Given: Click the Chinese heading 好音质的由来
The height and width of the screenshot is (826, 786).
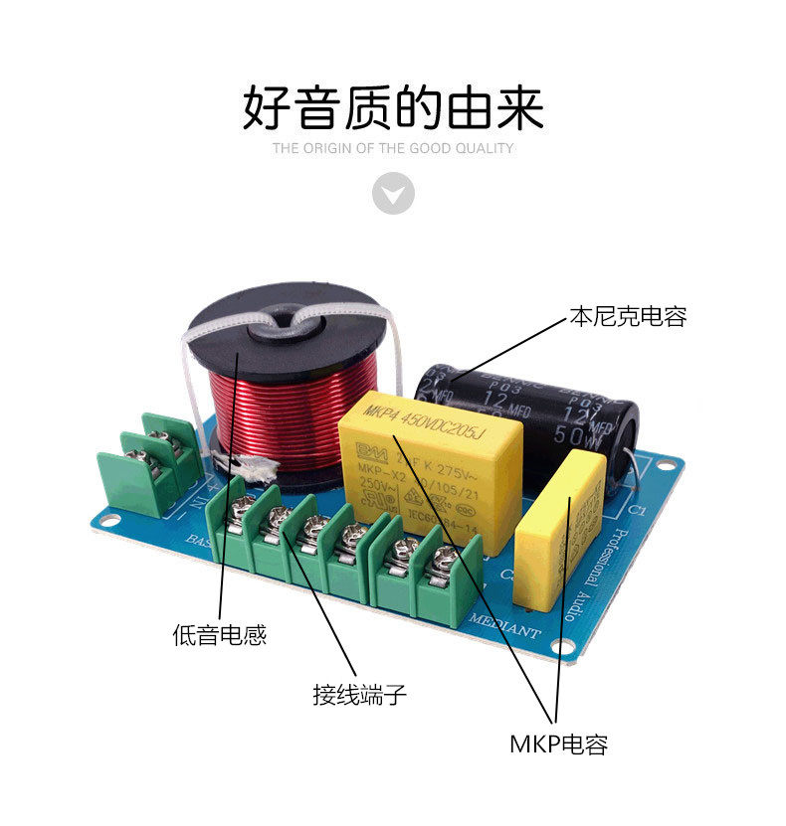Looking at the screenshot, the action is (393, 107).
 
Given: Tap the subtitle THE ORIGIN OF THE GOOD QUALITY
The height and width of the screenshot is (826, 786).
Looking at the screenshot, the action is (393, 149).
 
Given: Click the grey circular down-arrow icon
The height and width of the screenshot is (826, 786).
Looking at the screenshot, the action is (393, 192).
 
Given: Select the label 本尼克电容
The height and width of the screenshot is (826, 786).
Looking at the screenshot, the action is (627, 317).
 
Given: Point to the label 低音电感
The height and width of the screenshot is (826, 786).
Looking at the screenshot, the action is (220, 635).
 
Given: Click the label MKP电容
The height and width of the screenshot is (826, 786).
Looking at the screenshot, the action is (558, 743).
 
